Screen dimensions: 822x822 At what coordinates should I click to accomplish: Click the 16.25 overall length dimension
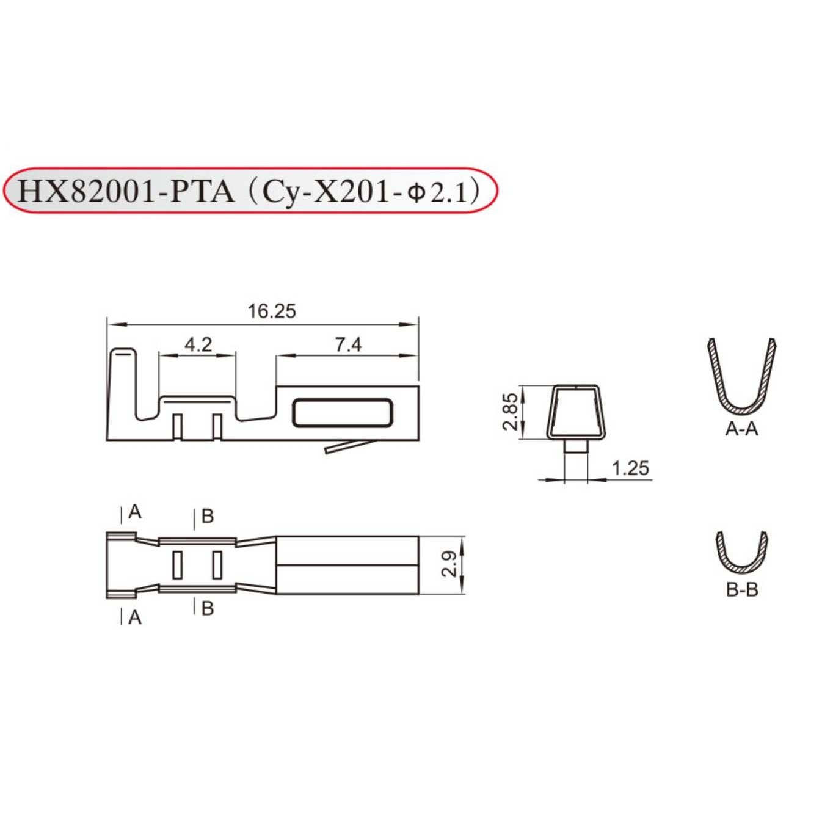pyautogui.click(x=271, y=311)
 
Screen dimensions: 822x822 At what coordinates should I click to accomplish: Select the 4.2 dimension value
pyautogui.click(x=198, y=344)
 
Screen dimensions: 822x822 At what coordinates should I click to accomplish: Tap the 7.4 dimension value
pyautogui.click(x=348, y=344)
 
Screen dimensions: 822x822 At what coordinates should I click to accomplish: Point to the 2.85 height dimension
pyautogui.click(x=510, y=412)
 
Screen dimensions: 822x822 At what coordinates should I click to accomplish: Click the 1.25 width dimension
pyautogui.click(x=630, y=468)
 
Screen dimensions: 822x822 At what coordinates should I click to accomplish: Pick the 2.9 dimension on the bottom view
pyautogui.click(x=449, y=564)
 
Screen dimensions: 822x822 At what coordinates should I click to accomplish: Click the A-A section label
pyautogui.click(x=741, y=429)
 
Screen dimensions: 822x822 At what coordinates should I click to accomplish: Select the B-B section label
pyautogui.click(x=742, y=590)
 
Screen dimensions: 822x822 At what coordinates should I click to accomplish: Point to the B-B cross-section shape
pyautogui.click(x=741, y=555)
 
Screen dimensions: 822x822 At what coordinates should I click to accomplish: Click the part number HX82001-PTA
pyautogui.click(x=126, y=191)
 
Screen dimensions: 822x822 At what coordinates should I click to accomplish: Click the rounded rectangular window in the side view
pyautogui.click(x=342, y=413)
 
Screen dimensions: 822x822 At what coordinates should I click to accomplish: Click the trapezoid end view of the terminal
pyautogui.click(x=577, y=412)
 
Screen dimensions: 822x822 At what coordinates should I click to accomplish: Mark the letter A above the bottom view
pyautogui.click(x=135, y=512)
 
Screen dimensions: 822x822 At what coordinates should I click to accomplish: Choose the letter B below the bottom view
pyautogui.click(x=208, y=608)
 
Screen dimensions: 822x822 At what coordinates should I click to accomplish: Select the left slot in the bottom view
pyautogui.click(x=178, y=565)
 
